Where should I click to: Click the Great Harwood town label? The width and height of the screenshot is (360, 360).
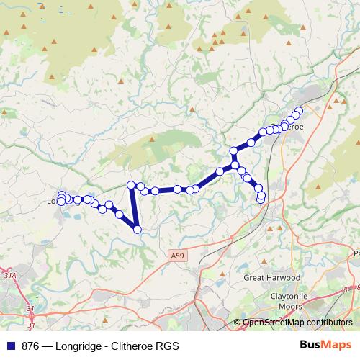pos(271,277)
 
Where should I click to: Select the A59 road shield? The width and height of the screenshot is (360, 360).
pos(178,255)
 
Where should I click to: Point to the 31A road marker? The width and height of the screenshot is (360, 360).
pos(9,274)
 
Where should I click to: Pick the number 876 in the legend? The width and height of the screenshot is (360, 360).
pos(30,346)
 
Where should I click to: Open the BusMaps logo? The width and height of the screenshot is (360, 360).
pos(322,345)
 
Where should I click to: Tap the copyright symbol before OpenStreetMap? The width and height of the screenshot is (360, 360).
pos(238,323)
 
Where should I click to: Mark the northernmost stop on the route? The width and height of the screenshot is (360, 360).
pos(299,111)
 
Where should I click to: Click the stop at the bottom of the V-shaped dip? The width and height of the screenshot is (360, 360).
pos(137,230)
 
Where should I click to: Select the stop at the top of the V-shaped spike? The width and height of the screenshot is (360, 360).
pos(131,185)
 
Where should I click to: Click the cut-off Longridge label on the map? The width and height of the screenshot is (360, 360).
pos(53,202)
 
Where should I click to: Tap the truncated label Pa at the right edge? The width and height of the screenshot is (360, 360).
pos(356,253)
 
